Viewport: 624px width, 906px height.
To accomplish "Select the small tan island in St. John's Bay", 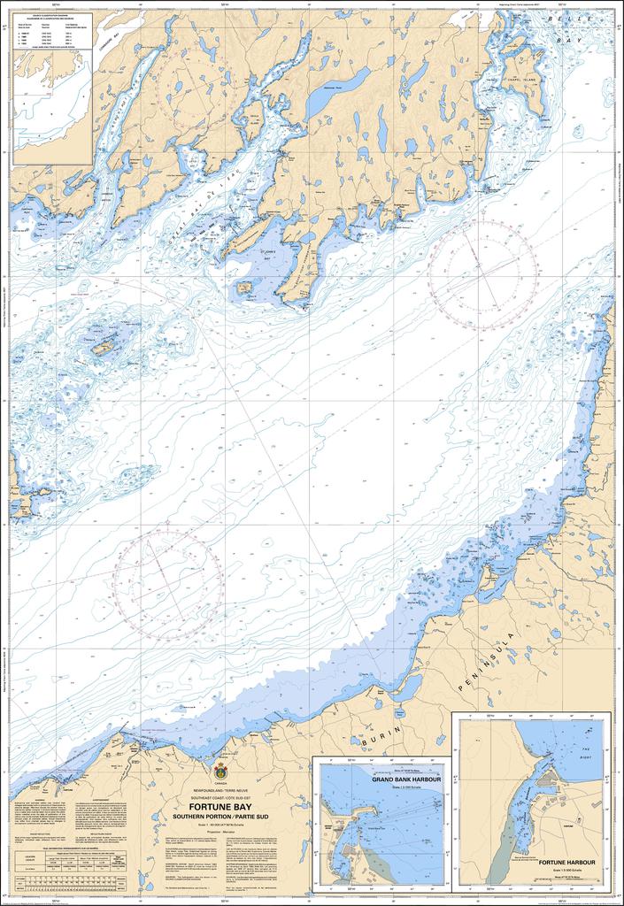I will (x=244, y=288).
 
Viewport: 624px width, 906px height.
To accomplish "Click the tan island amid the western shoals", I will (x=103, y=349).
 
